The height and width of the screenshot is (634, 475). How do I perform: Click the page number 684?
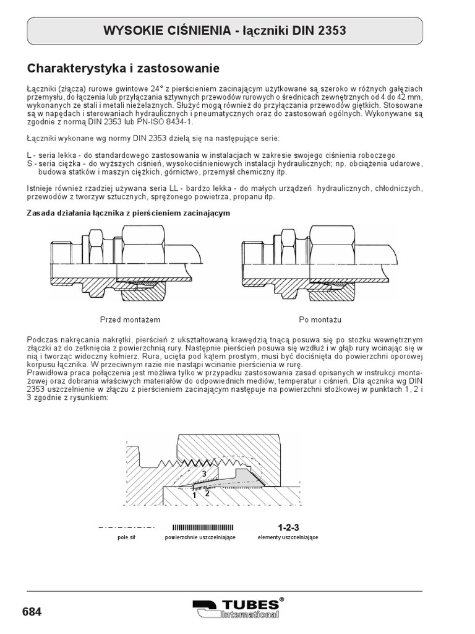[x=32, y=612]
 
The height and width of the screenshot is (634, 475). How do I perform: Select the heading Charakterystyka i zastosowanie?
[x=124, y=67]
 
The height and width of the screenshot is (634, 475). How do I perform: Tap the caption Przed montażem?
[x=131, y=320]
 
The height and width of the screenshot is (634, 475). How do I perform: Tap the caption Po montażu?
[x=320, y=320]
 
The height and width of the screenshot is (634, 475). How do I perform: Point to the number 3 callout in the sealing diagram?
[x=203, y=474]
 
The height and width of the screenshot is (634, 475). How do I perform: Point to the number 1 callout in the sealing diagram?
[x=194, y=495]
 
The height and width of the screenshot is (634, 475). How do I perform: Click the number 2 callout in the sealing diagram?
[x=208, y=493]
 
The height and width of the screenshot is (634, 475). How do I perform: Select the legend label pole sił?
[x=126, y=537]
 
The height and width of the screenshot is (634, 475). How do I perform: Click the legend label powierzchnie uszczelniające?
[x=200, y=537]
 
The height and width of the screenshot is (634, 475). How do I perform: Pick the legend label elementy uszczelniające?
[x=288, y=537]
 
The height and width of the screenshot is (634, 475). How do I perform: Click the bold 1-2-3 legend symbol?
[x=288, y=528]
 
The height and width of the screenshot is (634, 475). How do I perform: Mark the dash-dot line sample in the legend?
[x=126, y=528]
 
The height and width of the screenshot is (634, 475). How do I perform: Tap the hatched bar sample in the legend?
[x=200, y=528]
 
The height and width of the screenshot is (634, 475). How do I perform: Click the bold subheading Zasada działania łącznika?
[x=129, y=212]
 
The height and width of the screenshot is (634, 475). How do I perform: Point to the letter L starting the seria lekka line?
[x=30, y=154]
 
